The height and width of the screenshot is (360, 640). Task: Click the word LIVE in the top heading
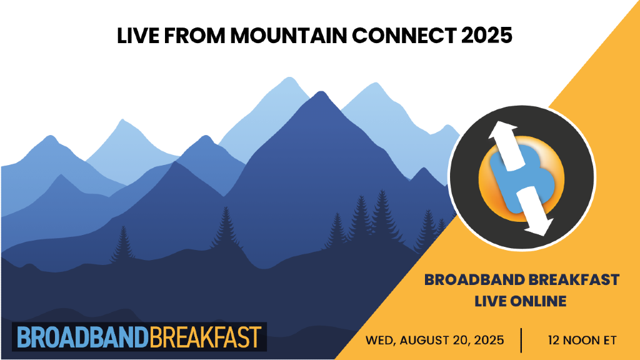point(135,35)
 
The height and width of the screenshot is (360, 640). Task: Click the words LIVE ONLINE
point(520,301)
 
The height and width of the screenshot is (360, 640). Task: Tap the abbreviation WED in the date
point(379,341)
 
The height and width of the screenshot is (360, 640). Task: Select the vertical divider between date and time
point(521,341)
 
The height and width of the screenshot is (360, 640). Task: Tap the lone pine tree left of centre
point(123,241)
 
